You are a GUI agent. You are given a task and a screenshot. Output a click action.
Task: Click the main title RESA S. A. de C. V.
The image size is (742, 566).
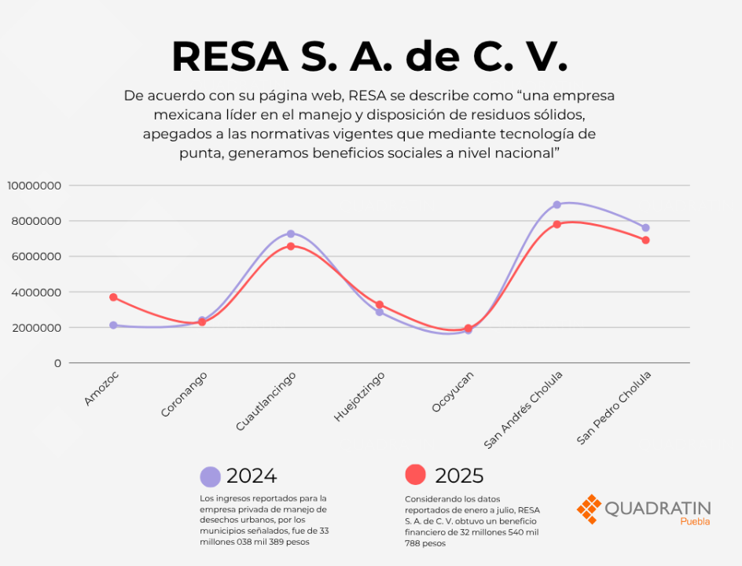click(369, 57)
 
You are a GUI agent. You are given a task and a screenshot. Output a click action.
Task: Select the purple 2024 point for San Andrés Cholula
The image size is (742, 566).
click(557, 205)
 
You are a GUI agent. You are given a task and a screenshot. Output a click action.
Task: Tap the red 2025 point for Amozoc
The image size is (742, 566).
click(113, 297)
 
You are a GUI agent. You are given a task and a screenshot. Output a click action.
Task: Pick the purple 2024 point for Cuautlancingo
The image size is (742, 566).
click(291, 233)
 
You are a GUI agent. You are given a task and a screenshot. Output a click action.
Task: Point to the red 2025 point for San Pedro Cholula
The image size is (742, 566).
click(645, 241)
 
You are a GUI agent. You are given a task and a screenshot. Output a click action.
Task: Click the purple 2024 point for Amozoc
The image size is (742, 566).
click(113, 325)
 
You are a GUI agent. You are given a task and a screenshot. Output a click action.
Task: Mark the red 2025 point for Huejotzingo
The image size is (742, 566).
click(380, 305)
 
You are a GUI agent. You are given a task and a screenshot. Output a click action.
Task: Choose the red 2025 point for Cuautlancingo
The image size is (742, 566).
click(291, 246)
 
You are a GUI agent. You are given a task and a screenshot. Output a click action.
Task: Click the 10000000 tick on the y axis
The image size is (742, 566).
click(34, 186)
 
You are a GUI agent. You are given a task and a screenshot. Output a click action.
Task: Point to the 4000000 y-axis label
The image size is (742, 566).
click(36, 292)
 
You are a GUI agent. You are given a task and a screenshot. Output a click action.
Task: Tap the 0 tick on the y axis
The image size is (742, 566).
click(57, 363)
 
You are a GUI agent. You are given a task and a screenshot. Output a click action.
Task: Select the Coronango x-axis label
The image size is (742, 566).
click(184, 395)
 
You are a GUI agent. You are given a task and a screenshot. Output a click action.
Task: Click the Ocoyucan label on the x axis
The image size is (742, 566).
click(453, 392)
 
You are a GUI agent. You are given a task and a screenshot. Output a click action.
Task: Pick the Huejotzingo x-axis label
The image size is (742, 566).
click(359, 396)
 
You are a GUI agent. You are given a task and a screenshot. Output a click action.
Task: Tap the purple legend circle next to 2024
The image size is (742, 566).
click(210, 476)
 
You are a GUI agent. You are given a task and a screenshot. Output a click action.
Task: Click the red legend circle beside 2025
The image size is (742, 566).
click(416, 475)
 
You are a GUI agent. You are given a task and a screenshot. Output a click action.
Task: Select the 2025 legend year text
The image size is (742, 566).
click(459, 476)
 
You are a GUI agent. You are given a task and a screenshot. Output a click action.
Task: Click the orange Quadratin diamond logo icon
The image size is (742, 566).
click(590, 509)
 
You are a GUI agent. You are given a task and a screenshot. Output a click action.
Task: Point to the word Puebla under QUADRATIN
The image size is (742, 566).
click(695, 521)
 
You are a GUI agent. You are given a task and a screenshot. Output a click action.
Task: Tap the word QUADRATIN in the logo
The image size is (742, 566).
click(658, 509)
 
